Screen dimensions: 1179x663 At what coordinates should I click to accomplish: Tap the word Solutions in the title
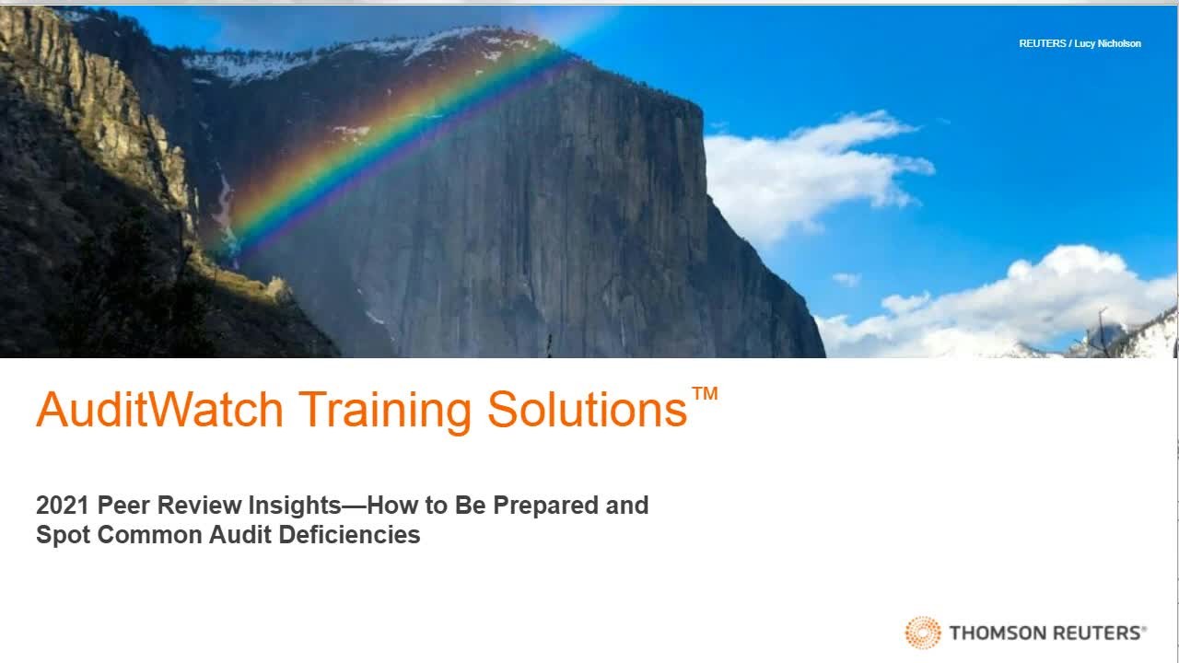(x=588, y=409)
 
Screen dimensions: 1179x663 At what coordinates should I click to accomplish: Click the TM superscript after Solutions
(x=705, y=393)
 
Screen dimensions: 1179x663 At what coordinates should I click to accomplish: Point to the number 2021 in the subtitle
(x=62, y=506)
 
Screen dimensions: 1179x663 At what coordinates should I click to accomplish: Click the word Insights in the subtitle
(x=295, y=506)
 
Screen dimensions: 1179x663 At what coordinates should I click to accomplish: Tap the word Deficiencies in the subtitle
(x=349, y=535)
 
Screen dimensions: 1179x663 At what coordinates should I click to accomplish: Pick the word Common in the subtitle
(x=150, y=535)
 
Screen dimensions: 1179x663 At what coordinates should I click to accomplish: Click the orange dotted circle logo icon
(x=923, y=633)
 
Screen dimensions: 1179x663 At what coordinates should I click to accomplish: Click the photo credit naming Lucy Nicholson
(x=1080, y=43)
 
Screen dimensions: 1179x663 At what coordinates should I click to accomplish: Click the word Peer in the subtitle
(x=123, y=506)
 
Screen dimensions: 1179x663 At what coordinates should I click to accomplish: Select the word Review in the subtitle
(x=199, y=506)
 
